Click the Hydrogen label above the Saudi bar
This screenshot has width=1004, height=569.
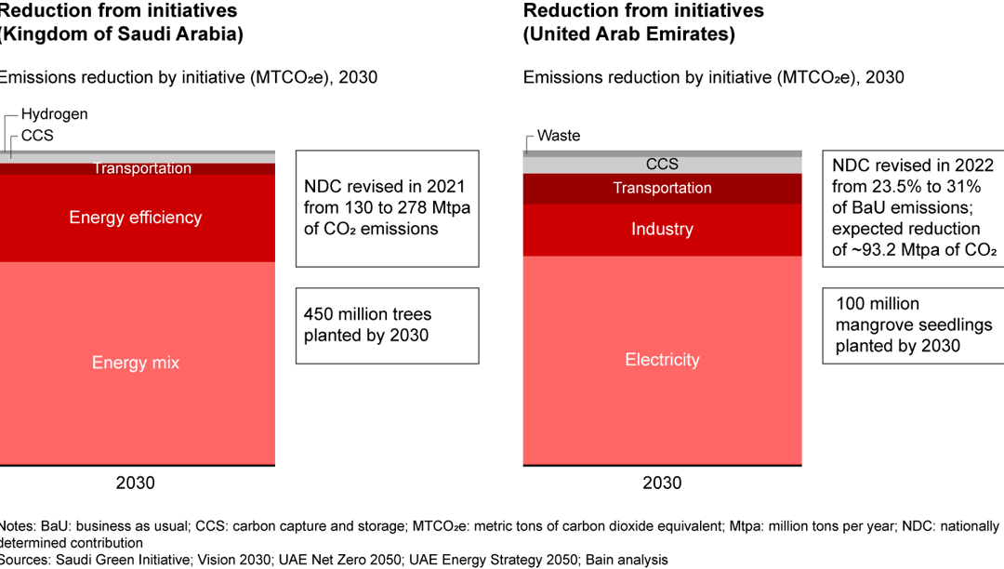(54, 114)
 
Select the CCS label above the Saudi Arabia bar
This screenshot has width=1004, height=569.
(37, 136)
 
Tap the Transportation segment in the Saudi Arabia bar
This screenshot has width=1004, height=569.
(142, 168)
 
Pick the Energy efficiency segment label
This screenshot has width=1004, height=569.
(135, 218)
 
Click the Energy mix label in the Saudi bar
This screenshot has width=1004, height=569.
(135, 363)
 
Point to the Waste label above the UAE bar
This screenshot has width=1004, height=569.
(559, 136)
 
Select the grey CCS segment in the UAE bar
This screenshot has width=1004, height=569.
(662, 165)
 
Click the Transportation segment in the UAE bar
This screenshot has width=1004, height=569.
(662, 188)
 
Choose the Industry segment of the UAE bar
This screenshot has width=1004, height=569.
(662, 230)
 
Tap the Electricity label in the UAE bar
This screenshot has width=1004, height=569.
(662, 360)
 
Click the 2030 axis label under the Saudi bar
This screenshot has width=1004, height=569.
(135, 483)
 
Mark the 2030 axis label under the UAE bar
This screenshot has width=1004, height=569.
(662, 483)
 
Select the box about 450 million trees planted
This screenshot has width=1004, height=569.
(387, 324)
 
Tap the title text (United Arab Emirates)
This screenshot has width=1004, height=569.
(629, 34)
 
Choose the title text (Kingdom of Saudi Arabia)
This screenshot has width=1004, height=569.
(121, 34)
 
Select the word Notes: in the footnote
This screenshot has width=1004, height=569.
(19, 526)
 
